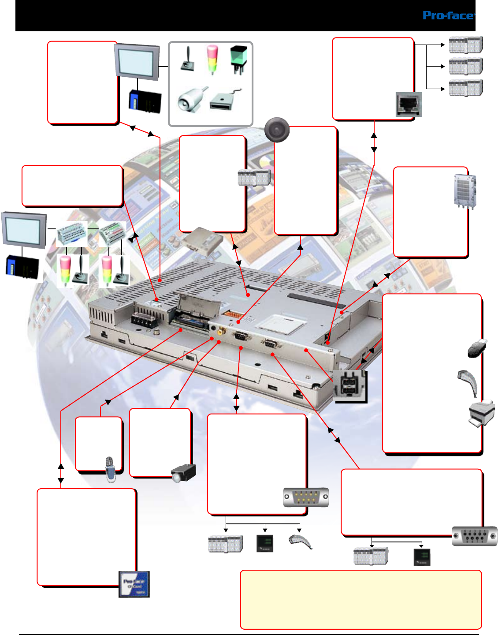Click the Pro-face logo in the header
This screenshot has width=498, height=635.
click(x=448, y=16)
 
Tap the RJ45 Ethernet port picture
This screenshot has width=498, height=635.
click(x=409, y=105)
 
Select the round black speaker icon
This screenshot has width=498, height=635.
click(x=277, y=130)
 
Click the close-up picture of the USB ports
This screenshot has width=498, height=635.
click(x=350, y=386)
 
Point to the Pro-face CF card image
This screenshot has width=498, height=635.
click(x=134, y=584)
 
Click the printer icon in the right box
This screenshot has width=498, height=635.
click(x=482, y=413)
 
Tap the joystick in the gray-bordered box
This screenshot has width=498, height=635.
click(x=188, y=60)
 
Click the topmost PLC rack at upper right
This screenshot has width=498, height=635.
click(x=466, y=45)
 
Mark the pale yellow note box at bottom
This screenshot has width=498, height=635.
click(x=360, y=600)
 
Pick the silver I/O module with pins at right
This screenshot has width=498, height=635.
click(x=465, y=191)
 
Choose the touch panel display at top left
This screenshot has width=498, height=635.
click(x=136, y=61)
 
